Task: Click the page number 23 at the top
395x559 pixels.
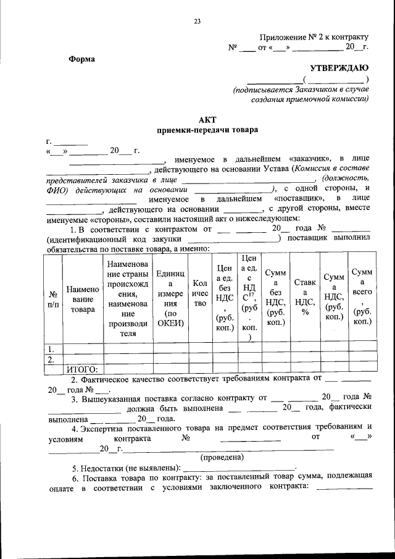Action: click(x=197, y=22)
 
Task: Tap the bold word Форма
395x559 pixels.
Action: click(x=81, y=59)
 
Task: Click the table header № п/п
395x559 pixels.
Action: click(x=54, y=300)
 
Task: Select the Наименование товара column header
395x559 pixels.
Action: click(x=83, y=300)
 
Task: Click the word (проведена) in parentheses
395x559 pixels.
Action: click(x=223, y=457)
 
